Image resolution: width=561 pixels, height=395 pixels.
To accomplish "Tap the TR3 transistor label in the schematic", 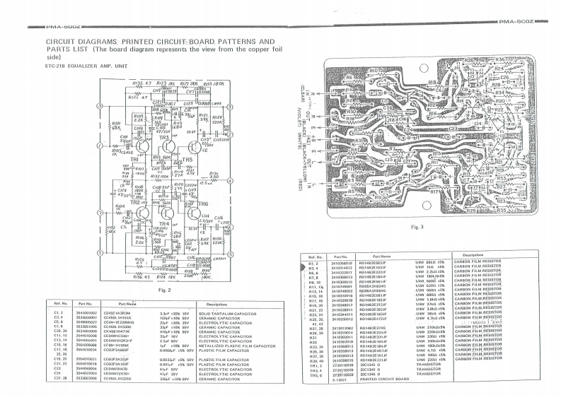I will pos(165,137).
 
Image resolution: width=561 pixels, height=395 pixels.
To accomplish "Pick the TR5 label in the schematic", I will pos(187,160).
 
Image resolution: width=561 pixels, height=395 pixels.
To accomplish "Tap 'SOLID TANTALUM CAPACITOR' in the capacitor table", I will pos(226,312).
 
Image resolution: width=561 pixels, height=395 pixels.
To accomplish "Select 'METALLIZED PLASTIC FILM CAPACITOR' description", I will pos(237,346).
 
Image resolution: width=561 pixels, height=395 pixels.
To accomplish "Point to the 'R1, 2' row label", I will pos(315,261).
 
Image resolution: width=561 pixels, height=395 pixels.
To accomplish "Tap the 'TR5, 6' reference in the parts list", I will pos(316,374).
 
